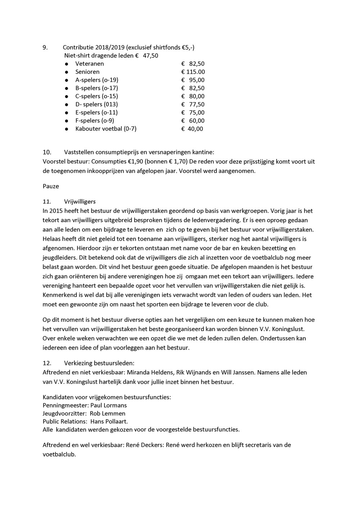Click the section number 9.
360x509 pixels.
(x=45, y=48)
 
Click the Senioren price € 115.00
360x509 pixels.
(x=193, y=72)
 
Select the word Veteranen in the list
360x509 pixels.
(x=90, y=64)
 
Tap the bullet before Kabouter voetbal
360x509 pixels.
(x=67, y=129)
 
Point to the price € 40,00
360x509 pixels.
(x=192, y=129)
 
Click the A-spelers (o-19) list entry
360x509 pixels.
(x=96, y=80)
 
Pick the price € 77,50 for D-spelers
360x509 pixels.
(x=193, y=104)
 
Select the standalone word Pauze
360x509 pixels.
(x=51, y=186)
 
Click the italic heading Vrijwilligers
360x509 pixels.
(x=80, y=202)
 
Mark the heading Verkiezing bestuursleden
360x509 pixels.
(x=99, y=363)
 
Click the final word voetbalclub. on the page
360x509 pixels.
(x=59, y=454)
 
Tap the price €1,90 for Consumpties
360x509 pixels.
(x=135, y=162)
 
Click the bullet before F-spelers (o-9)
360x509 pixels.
(x=67, y=121)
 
